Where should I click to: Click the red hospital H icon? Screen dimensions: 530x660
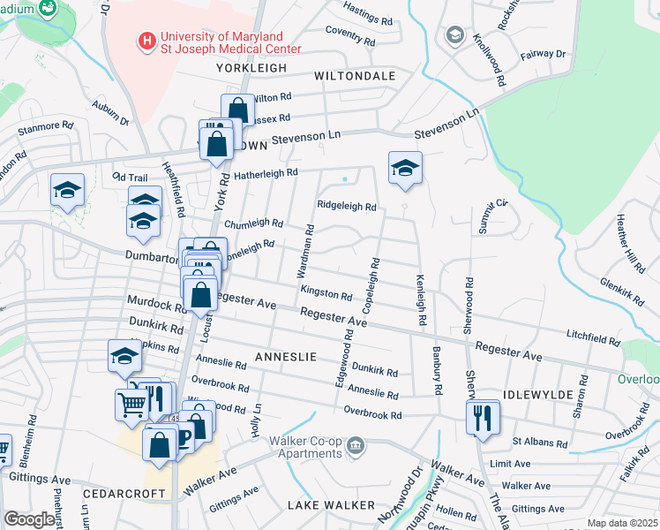coord(146,42)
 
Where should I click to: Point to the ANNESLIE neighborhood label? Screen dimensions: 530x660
coord(285,356)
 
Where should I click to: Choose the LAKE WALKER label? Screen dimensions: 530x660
coord(331,504)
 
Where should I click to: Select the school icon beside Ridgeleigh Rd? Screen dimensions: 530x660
coord(405,168)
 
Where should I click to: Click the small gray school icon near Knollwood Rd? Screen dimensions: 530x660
coord(455,35)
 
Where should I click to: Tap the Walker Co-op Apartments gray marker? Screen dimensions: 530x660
coord(356,443)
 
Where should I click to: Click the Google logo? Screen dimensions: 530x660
coord(29,519)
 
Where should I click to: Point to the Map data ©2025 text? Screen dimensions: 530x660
coord(621,523)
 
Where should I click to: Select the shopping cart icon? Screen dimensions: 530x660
coord(132,405)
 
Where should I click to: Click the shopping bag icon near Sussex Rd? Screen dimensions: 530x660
coord(237,110)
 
